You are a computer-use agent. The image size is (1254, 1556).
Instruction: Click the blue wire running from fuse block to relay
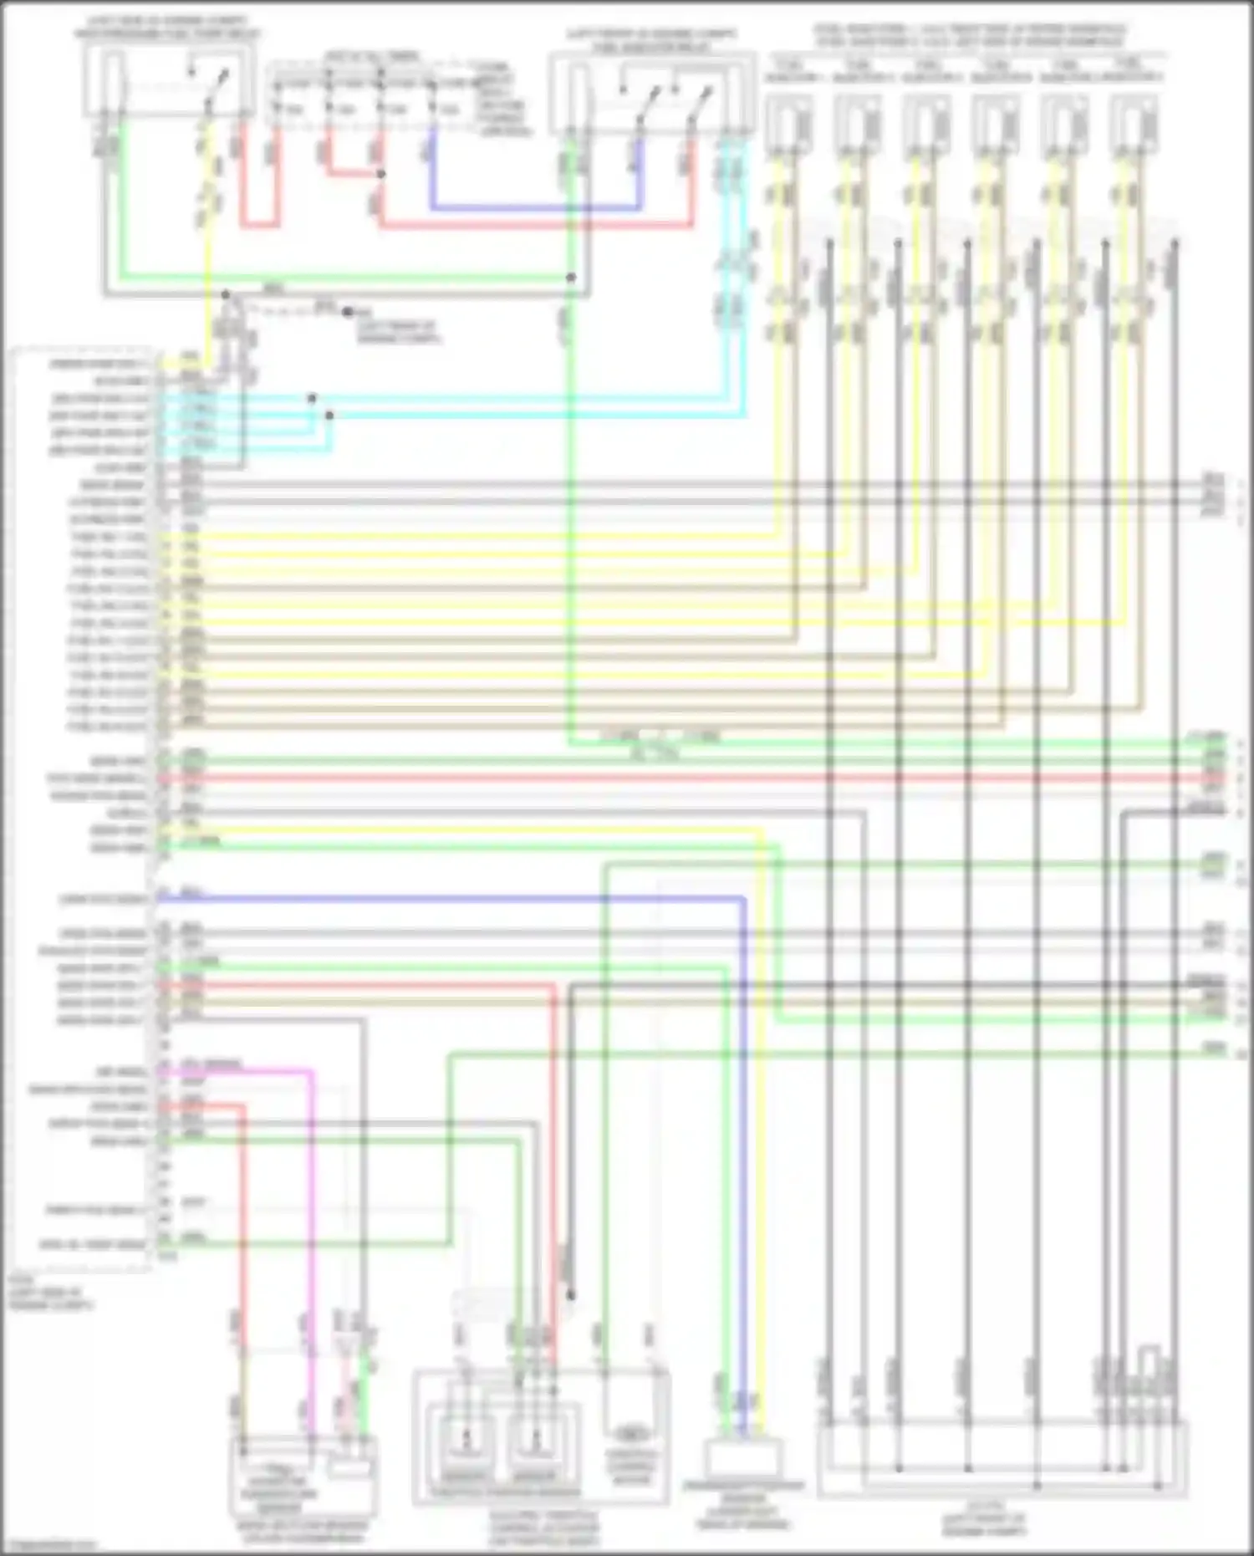click(535, 207)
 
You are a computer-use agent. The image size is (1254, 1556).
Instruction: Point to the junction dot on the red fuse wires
click(380, 174)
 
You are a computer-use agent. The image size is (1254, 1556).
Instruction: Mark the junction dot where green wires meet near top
click(571, 277)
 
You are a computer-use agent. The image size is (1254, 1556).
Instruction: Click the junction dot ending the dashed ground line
click(346, 312)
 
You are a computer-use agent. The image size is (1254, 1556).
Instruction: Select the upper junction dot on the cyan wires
click(311, 398)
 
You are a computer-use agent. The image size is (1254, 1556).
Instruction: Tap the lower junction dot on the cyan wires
click(329, 415)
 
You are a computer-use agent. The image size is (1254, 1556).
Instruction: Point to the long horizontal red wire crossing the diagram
click(669, 778)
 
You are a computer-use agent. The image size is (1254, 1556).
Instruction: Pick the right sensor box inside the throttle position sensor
click(535, 1440)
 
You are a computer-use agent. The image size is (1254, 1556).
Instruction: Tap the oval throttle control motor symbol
click(633, 1435)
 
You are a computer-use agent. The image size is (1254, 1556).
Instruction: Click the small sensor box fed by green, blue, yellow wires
click(743, 1459)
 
